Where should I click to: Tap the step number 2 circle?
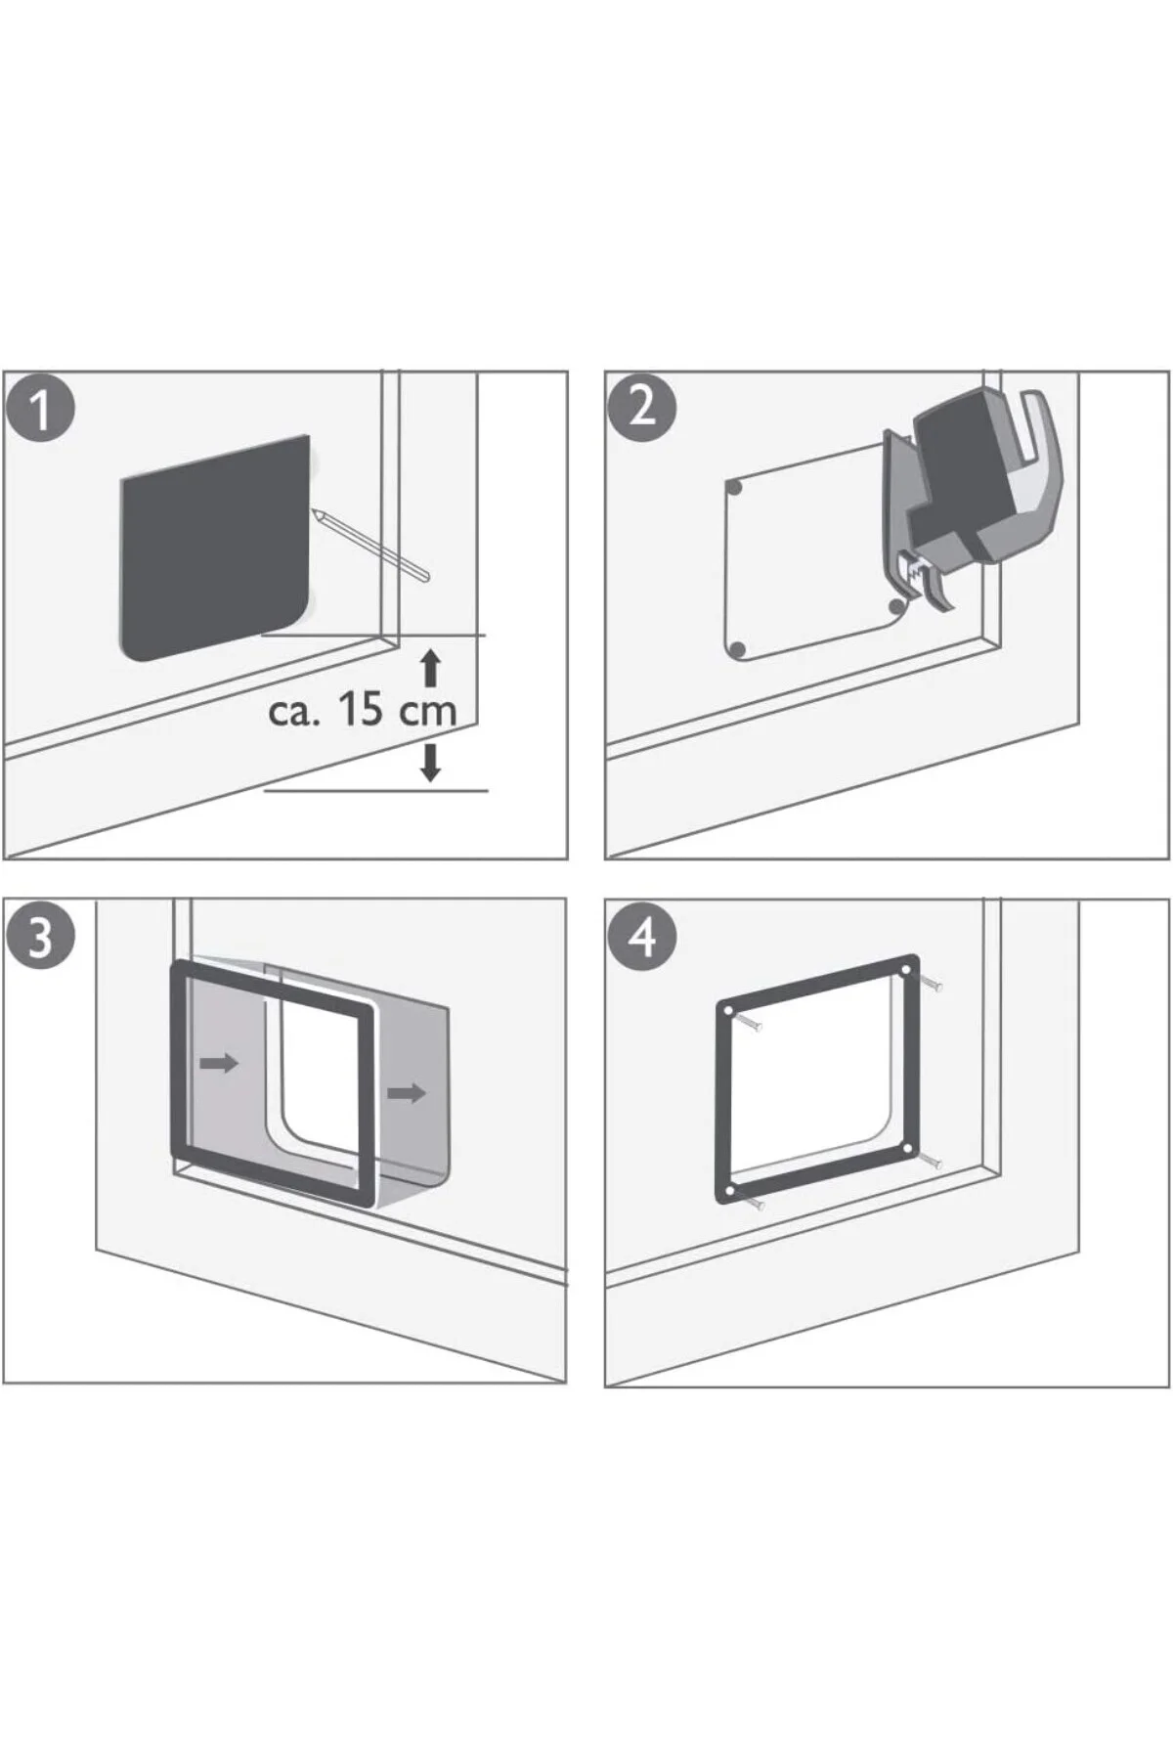coord(641,406)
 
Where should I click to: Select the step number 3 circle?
coord(40,936)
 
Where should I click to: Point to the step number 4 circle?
coord(641,938)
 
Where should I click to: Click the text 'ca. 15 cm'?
coord(363,710)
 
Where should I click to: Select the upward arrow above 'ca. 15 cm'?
coord(430,670)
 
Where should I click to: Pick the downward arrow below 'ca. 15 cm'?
coord(430,762)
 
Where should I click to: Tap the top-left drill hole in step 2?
coord(736,487)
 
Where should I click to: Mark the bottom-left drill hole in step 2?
coord(738,649)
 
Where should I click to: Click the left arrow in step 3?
coord(219,1063)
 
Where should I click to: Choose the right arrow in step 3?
coord(407,1092)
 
